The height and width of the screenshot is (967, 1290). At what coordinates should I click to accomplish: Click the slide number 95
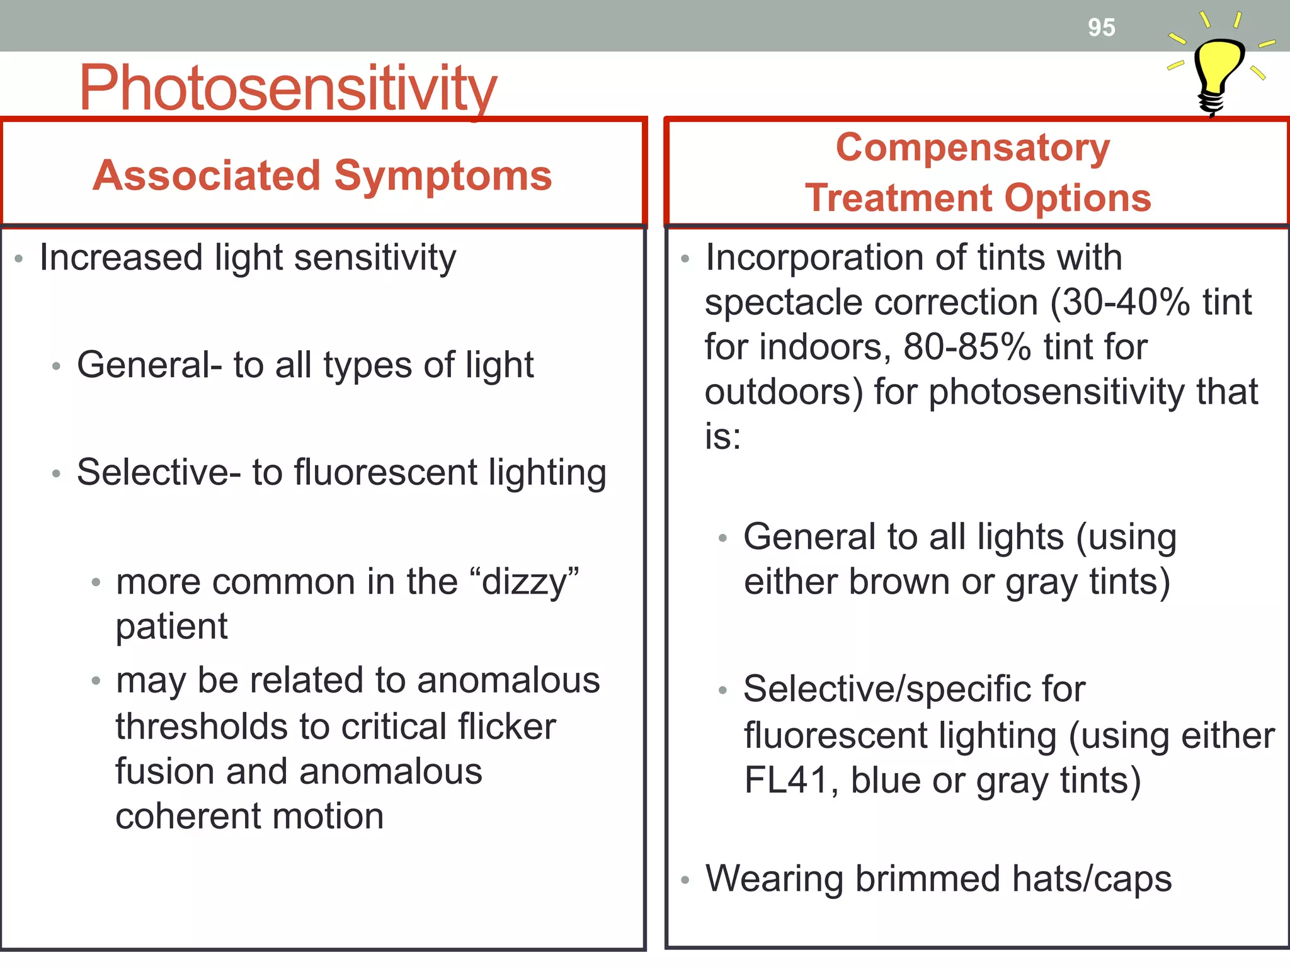[x=1101, y=28]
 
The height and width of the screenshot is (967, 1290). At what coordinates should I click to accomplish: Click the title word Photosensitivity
[x=288, y=88]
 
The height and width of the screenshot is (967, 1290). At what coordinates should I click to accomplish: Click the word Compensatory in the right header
[x=973, y=148]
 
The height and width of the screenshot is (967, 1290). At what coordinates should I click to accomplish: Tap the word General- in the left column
[x=149, y=365]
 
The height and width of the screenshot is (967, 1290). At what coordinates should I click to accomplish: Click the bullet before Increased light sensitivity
[x=19, y=259]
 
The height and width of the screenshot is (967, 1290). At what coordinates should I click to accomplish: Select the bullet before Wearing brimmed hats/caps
[x=685, y=880]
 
